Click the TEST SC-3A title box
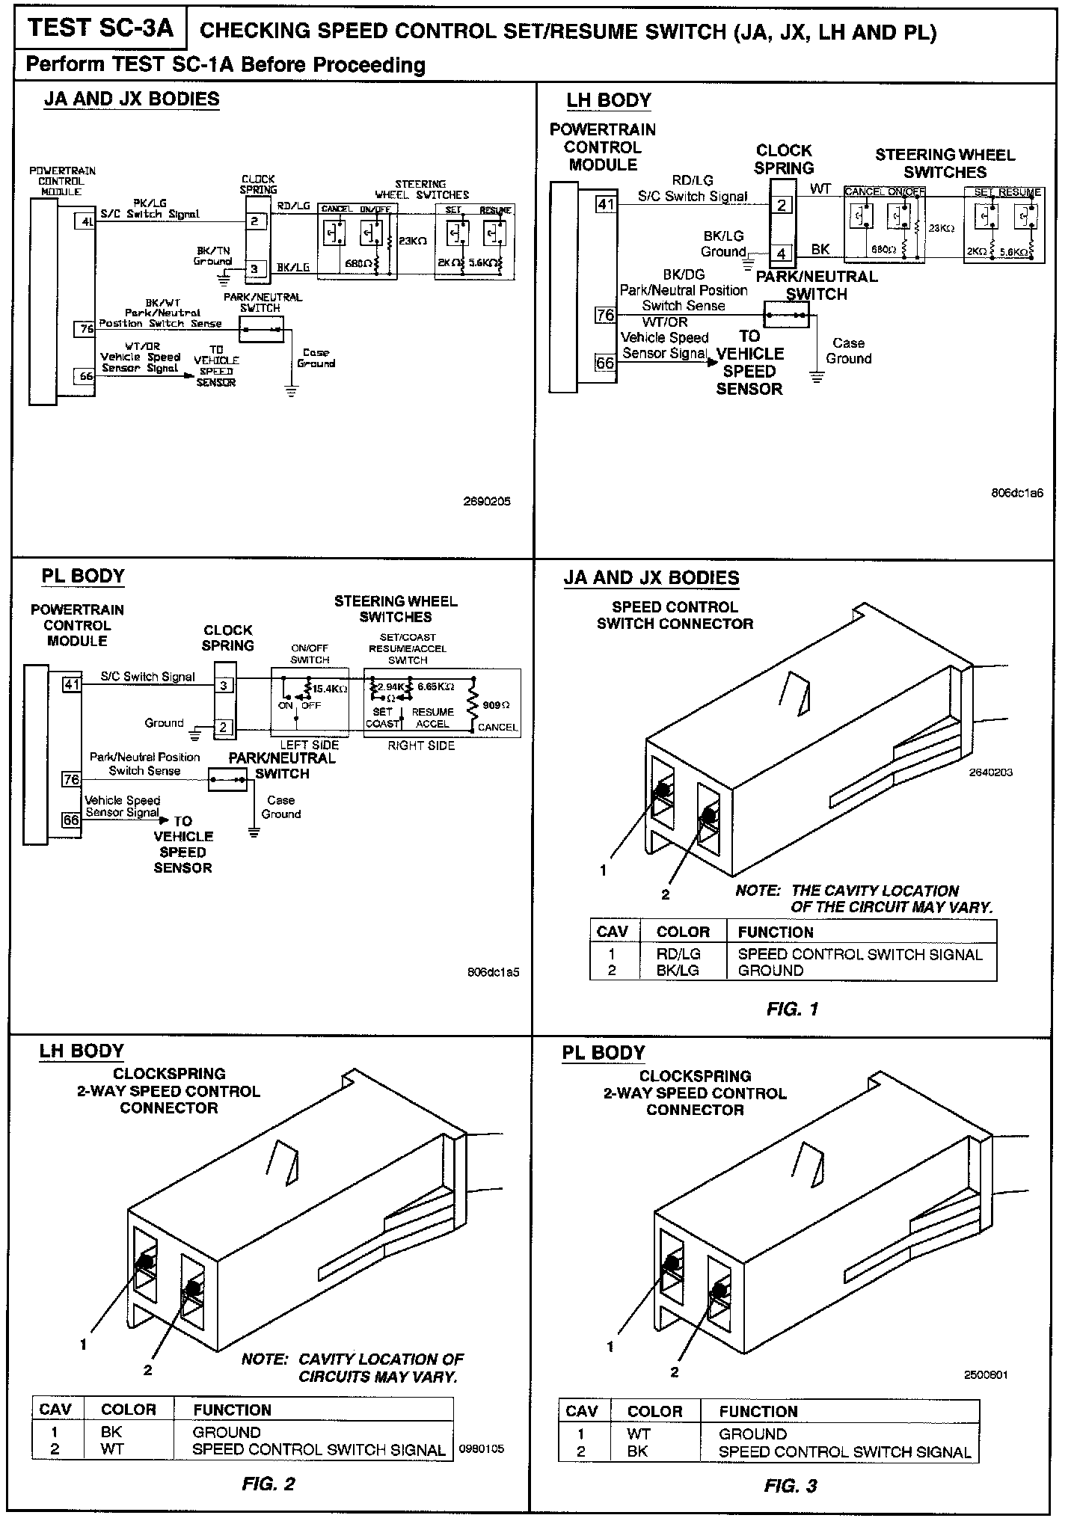[x=100, y=29]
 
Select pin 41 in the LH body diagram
[x=605, y=203]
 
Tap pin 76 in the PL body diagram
[x=71, y=779]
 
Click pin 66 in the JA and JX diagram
[x=87, y=375]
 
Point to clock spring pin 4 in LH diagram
[x=782, y=254]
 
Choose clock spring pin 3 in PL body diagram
[x=224, y=685]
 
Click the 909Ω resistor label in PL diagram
[x=496, y=704]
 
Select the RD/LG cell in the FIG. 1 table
[x=678, y=954]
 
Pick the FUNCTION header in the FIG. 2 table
[x=232, y=1410]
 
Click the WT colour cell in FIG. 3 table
[x=639, y=1434]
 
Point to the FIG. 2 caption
[x=269, y=1484]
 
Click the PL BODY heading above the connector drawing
[x=604, y=1052]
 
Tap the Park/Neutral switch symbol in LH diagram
[x=787, y=315]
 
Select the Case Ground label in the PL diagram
[x=281, y=807]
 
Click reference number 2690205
[x=487, y=502]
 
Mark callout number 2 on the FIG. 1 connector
[x=665, y=894]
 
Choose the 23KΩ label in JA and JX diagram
[x=413, y=242]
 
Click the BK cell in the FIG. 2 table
[x=111, y=1432]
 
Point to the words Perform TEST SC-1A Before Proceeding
[x=225, y=65]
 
